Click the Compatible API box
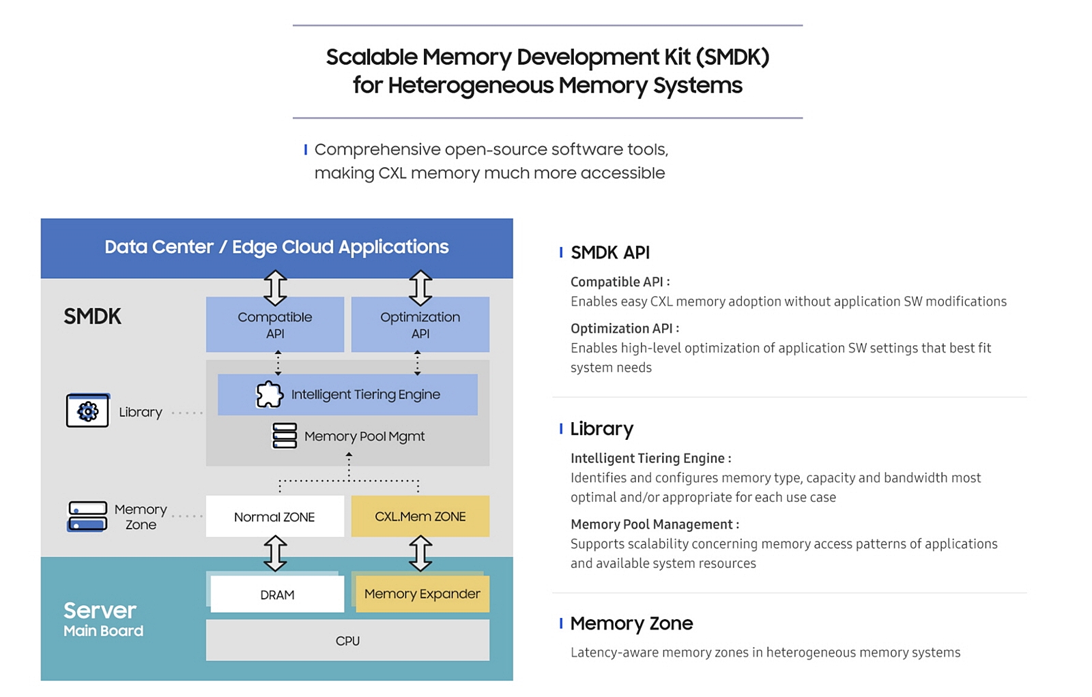[x=275, y=325]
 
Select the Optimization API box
[x=420, y=325]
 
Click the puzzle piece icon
[x=269, y=394]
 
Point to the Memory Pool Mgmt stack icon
[x=285, y=436]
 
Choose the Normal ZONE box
[x=274, y=517]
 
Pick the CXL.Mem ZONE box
[x=420, y=517]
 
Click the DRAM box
[x=277, y=595]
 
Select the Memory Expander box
[x=422, y=594]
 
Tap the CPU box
[x=347, y=641]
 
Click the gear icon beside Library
[x=87, y=411]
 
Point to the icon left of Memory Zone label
[x=87, y=517]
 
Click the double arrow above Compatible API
[x=275, y=288]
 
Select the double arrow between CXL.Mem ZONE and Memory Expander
[x=420, y=553]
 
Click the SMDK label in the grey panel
[x=92, y=316]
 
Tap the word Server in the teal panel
[x=100, y=610]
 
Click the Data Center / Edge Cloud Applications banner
[x=276, y=247]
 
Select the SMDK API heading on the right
[x=609, y=253]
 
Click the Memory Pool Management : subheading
[x=654, y=524]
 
